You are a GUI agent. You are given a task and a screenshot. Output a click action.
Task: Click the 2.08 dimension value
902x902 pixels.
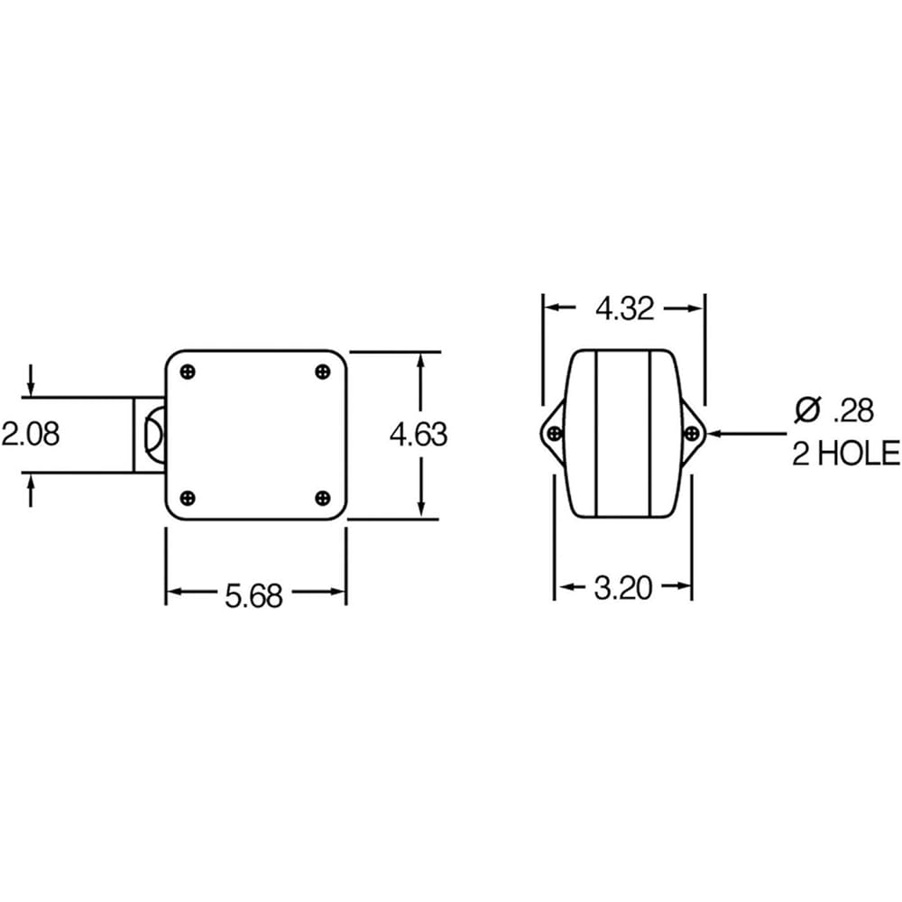coord(30,434)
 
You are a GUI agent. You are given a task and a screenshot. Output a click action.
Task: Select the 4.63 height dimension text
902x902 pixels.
coord(418,435)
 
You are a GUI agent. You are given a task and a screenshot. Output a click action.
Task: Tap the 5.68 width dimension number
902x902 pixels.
coord(253,595)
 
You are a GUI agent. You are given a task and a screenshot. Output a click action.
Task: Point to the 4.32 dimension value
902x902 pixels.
coord(624,309)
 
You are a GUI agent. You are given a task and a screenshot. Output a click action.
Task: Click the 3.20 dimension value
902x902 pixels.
coord(622,590)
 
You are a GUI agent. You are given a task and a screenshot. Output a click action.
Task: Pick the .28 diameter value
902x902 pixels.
coord(852,411)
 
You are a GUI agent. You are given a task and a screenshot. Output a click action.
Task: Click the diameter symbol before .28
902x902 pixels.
coord(807,410)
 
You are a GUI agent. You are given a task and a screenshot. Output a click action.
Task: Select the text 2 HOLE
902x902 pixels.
coord(845,453)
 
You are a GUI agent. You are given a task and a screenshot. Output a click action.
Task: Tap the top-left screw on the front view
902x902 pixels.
coord(188,372)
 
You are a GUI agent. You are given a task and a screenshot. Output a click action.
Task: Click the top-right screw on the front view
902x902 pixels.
coord(323,372)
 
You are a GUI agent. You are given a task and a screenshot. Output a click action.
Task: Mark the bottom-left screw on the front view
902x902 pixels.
coord(188,498)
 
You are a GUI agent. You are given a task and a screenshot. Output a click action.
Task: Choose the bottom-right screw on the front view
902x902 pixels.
coord(323,498)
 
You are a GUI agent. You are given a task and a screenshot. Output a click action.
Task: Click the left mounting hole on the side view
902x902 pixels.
coord(555,434)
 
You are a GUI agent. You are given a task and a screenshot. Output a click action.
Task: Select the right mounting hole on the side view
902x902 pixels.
coord(692,434)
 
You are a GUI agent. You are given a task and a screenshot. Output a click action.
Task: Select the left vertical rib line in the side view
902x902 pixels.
coord(596,434)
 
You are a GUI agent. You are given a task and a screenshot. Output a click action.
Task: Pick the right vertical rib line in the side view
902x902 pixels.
coord(650,434)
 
